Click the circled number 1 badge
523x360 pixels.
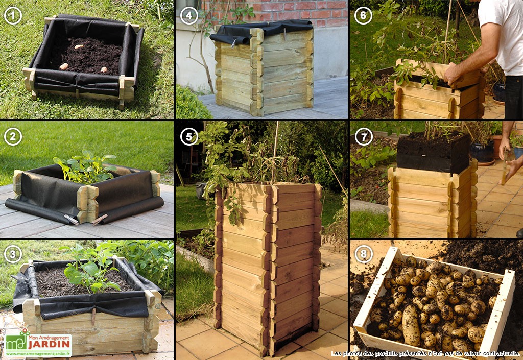pyautogui.click(x=13, y=15)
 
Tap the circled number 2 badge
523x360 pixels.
pyautogui.click(x=13, y=137)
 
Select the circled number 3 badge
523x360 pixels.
pyautogui.click(x=13, y=254)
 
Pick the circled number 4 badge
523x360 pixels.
pyautogui.click(x=189, y=15)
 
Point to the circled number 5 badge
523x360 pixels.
pyautogui.click(x=189, y=137)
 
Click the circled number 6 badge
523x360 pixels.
pyautogui.click(x=363, y=15)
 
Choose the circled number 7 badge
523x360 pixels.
pyautogui.click(x=363, y=137)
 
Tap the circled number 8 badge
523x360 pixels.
pyautogui.click(x=363, y=254)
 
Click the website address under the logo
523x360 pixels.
pyautogui.click(x=38, y=353)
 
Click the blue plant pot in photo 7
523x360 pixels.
pyautogui.click(x=482, y=151)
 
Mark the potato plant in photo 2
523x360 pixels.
pyautogui.click(x=86, y=166)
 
